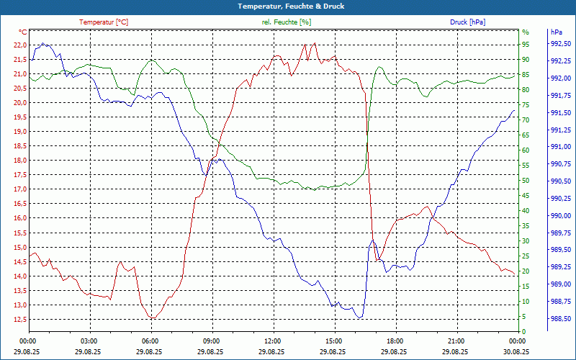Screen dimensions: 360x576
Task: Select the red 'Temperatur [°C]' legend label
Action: tap(104, 22)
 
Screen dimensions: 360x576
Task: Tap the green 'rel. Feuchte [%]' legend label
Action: tap(287, 22)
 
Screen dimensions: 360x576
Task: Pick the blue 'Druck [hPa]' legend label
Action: tap(467, 22)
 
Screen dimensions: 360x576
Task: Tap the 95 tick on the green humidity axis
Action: tap(526, 45)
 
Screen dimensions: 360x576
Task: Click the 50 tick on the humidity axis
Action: tap(526, 181)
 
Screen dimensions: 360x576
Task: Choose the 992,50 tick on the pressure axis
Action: tap(560, 45)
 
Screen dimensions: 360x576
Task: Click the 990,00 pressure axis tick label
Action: tap(560, 216)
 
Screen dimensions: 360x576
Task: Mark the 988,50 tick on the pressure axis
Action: tap(560, 319)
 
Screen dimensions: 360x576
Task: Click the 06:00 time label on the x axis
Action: tap(150, 341)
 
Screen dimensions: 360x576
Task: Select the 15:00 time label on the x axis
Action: tap(333, 341)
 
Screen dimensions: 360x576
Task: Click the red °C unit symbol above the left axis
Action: tap(23, 32)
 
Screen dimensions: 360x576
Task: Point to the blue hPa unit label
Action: tap(556, 32)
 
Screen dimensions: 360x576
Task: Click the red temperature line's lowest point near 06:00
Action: tap(151, 318)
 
